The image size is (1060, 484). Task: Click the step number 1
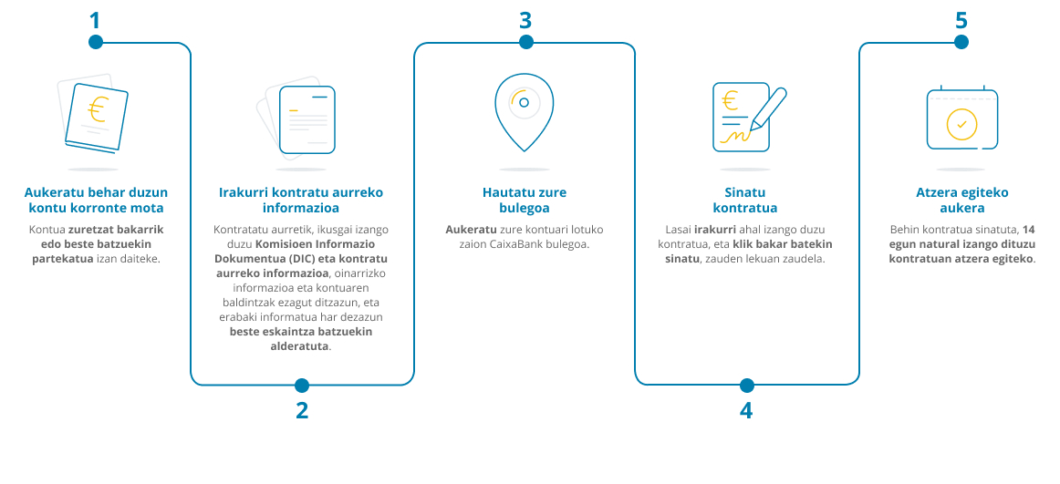(95, 20)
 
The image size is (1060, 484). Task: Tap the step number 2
(302, 410)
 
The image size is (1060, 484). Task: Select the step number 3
(525, 20)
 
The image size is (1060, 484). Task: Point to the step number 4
(745, 410)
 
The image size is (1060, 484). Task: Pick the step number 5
(961, 20)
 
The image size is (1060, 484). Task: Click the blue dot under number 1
(95, 42)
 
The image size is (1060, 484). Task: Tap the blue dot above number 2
(302, 386)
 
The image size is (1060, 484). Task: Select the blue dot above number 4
(746, 386)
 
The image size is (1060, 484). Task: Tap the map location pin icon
(524, 112)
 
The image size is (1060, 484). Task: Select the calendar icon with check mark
(962, 118)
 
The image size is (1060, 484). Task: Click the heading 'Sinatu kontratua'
(745, 200)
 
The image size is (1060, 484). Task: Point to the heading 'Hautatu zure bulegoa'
(524, 200)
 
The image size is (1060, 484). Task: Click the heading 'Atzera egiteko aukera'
(962, 200)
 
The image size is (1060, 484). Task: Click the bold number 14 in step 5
(1029, 229)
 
